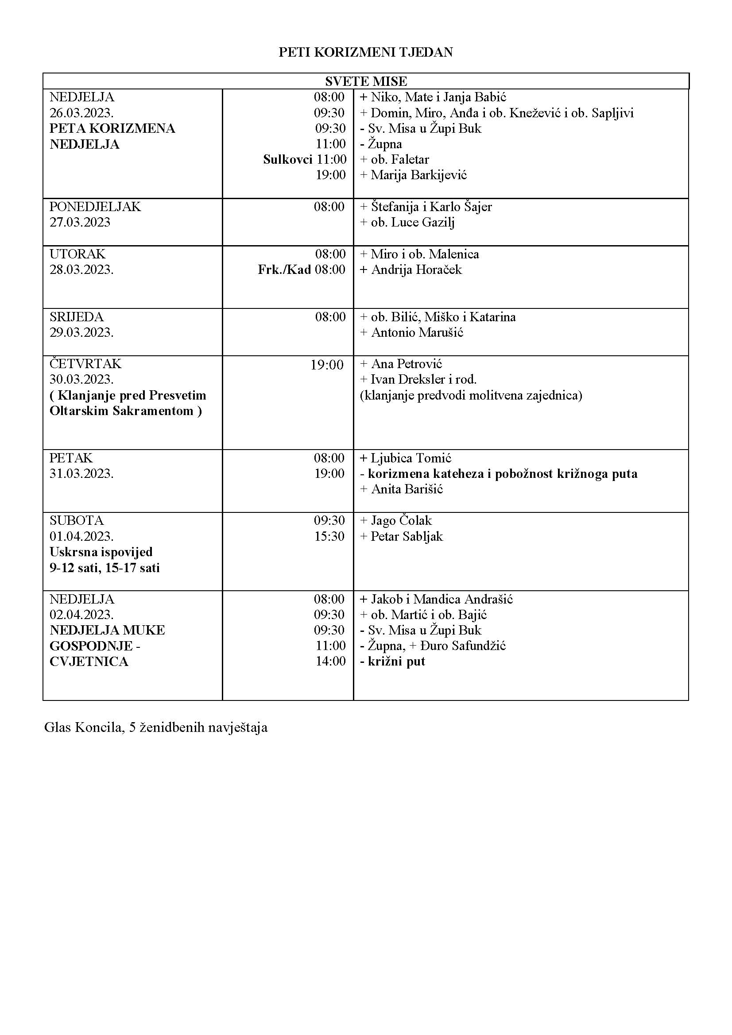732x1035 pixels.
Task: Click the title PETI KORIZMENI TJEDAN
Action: [365, 52]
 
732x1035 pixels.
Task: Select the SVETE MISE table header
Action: [366, 81]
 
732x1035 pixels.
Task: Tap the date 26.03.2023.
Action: [81, 113]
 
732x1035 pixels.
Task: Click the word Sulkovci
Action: [287, 160]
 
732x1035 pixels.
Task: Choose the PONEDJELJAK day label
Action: [95, 207]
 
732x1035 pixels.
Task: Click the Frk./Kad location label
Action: [284, 269]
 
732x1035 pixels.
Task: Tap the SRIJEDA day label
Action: [76, 317]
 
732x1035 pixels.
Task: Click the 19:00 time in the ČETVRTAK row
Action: [326, 365]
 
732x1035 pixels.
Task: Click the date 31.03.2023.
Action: [81, 474]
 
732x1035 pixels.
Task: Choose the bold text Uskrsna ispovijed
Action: [101, 552]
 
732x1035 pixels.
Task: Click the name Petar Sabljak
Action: [407, 536]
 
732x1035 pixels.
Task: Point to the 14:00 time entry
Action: [330, 661]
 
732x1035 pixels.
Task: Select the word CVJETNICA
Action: [89, 662]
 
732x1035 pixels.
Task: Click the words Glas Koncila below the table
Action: [83, 727]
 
